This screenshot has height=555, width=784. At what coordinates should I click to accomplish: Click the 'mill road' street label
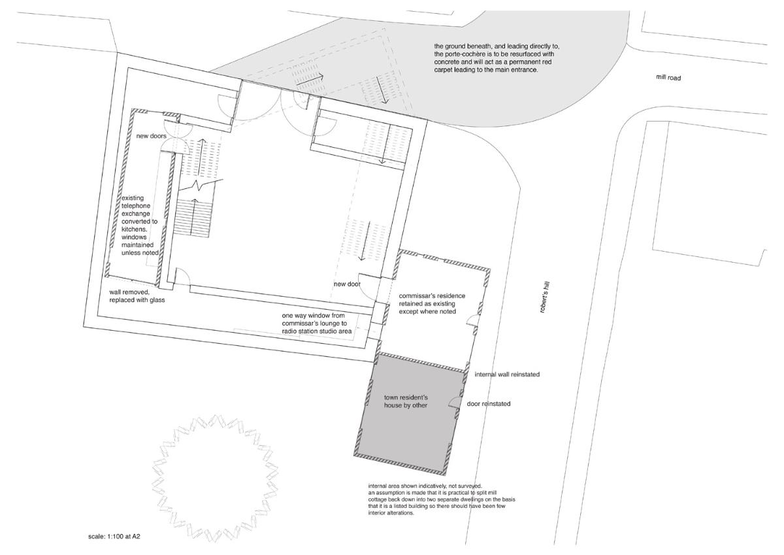coord(668,77)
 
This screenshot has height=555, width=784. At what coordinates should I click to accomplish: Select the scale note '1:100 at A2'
coord(123,536)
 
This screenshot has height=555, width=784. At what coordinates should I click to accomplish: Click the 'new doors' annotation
coord(151,136)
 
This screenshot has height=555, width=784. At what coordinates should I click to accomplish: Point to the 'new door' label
coord(346,284)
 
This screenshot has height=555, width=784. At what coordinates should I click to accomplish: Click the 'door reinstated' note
coord(489,404)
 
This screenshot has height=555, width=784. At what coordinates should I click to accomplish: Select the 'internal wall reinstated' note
coord(507,375)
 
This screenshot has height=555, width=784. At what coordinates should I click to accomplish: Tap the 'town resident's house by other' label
coord(406,401)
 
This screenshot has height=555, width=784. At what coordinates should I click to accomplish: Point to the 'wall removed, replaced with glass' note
coord(137,296)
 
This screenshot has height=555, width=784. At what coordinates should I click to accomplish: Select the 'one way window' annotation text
coord(317,323)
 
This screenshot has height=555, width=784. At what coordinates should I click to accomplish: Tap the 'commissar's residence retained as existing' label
coord(433,303)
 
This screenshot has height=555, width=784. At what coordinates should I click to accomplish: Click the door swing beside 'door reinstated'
coord(454,401)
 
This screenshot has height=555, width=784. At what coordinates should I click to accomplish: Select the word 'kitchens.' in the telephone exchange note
coord(135,229)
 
